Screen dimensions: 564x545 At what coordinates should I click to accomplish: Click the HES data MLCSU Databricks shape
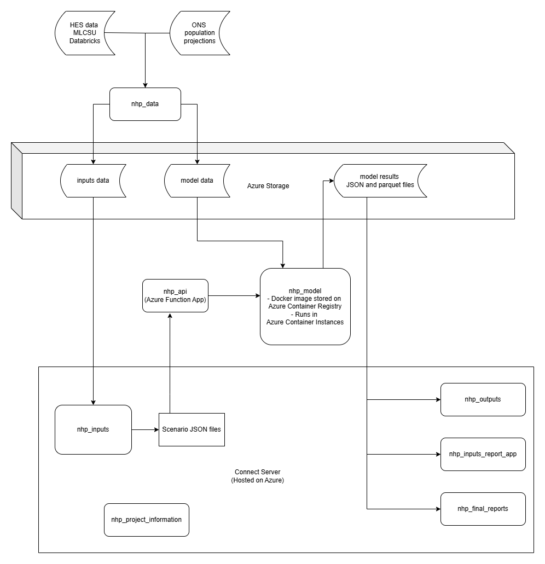(85, 33)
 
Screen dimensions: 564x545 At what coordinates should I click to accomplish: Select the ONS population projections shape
(200, 33)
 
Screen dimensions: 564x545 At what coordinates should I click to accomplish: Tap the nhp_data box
(145, 104)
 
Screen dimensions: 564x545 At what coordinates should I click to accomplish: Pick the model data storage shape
(197, 181)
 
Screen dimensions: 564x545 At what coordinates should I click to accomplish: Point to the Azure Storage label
(268, 186)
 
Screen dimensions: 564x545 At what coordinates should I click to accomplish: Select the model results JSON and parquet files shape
(380, 181)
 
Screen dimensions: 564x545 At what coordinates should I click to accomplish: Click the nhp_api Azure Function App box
(175, 296)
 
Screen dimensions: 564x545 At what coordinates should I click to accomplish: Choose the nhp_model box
(305, 306)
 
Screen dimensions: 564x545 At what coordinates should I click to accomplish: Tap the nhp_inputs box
(93, 429)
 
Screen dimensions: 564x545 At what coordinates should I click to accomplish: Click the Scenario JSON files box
(192, 429)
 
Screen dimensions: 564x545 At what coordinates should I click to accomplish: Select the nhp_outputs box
(483, 399)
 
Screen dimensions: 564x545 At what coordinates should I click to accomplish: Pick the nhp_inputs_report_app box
(483, 454)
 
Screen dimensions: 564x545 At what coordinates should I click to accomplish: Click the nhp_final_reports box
(483, 509)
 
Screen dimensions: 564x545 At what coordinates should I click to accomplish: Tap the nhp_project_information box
(146, 520)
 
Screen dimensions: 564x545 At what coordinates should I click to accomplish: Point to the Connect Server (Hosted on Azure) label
(257, 476)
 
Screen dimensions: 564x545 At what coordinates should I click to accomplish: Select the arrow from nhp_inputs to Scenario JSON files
(145, 429)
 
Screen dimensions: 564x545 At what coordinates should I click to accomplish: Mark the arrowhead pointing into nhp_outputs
(438, 399)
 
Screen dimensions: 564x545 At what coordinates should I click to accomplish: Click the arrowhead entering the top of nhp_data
(145, 85)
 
